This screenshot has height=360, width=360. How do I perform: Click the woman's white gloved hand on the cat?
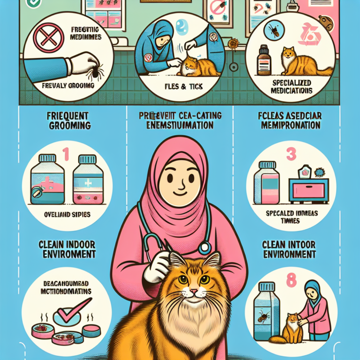(153, 271)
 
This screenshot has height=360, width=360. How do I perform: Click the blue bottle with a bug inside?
(262, 312)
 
